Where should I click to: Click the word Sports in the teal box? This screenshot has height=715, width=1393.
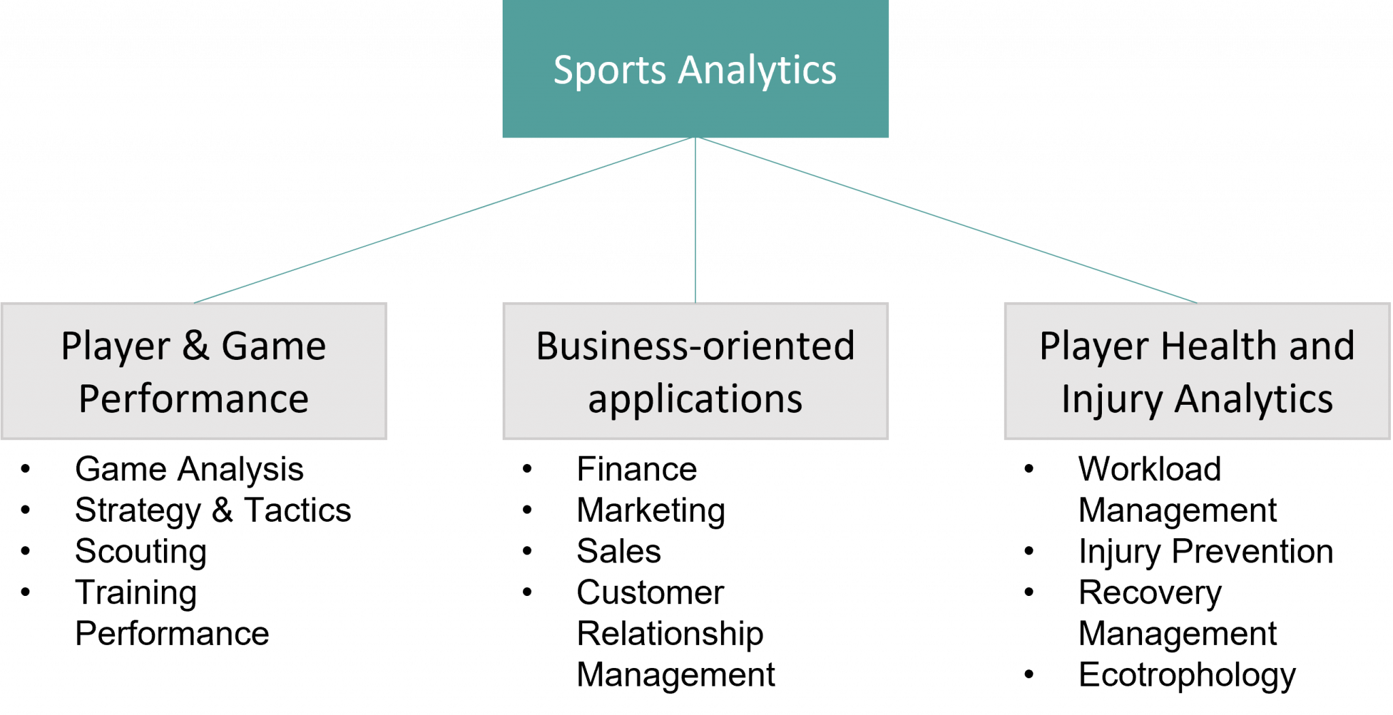click(609, 71)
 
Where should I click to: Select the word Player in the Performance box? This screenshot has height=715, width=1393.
click(115, 347)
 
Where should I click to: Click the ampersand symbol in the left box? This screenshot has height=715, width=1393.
click(195, 346)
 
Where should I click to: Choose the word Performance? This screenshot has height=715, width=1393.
click(194, 399)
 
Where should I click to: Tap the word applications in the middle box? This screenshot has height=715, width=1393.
click(695, 399)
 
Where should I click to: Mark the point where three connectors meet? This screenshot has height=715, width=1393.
click(695, 138)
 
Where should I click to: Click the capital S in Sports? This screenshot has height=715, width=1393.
click(564, 70)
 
